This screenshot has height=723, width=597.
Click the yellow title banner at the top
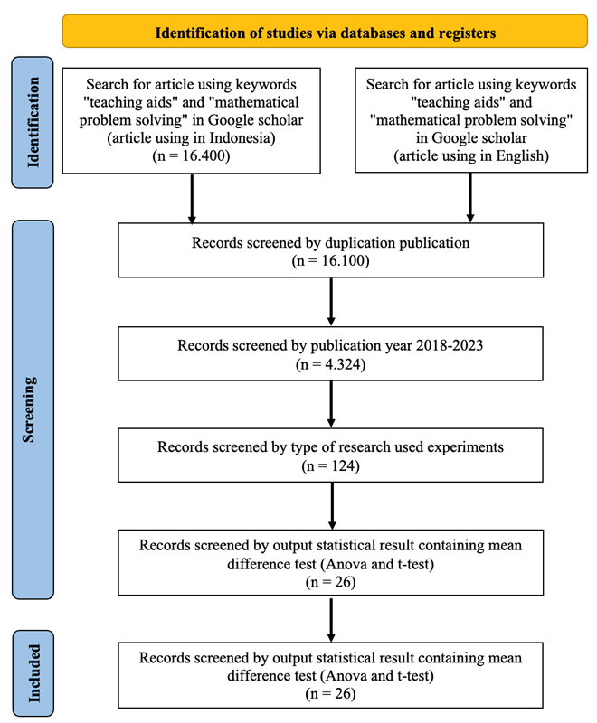(325, 31)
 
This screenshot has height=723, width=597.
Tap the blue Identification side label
(33, 122)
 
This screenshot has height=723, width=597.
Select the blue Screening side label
(33, 409)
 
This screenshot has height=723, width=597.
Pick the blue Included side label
(33, 673)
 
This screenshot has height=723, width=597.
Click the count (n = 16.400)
(191, 155)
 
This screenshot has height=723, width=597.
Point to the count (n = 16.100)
(330, 261)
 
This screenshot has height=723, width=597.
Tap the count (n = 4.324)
(330, 365)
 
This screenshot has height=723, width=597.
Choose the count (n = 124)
(330, 466)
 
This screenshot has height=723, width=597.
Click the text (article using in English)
(471, 155)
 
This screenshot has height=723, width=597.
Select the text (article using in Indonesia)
(191, 138)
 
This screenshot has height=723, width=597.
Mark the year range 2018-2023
(450, 345)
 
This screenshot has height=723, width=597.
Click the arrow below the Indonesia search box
(192, 199)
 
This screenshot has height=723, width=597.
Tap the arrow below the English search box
(470, 198)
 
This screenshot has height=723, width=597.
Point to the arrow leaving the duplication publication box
(331, 302)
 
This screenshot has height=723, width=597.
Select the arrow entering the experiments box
(331, 404)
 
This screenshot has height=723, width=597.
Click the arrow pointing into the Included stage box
(331, 620)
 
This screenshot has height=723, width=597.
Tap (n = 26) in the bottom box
(330, 694)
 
